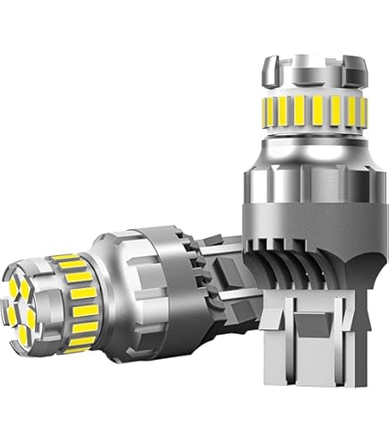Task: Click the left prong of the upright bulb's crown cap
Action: (x=268, y=66)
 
